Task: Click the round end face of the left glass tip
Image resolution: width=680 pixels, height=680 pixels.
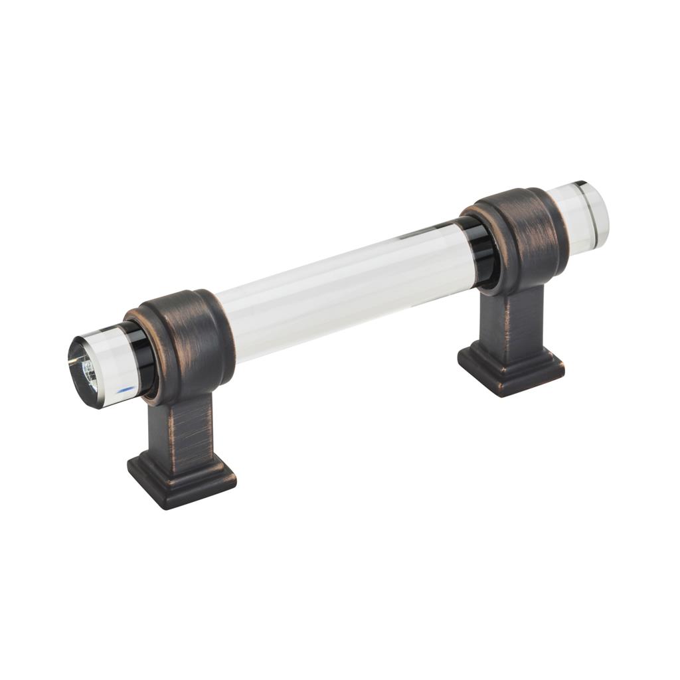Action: (85, 371)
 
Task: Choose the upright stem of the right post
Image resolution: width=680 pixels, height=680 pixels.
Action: (515, 319)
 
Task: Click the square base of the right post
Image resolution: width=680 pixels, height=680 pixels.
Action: (511, 369)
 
